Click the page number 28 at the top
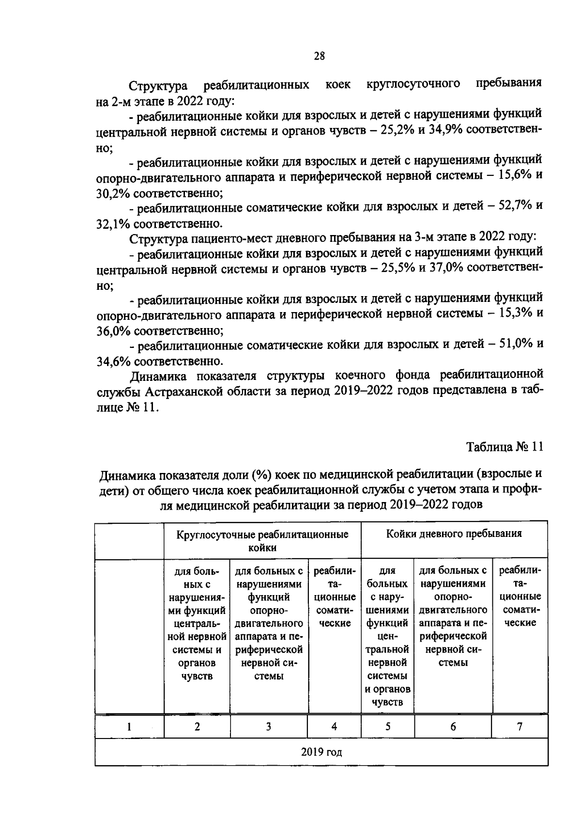319,56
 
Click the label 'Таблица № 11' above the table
505,446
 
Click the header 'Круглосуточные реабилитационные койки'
262,541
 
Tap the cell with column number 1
129,726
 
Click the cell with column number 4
334,726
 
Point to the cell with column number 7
520,726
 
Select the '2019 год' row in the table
321,752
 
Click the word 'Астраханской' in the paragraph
187,392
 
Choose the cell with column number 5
387,726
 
